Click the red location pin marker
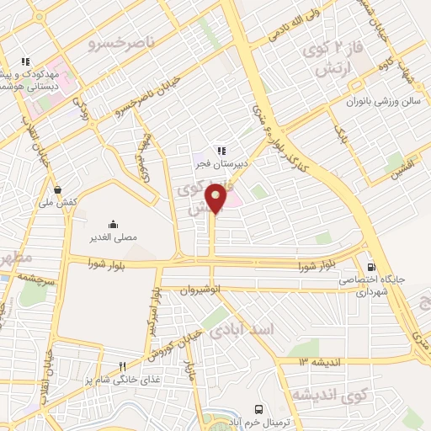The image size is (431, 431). click(216, 200)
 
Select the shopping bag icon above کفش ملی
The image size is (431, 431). click(57, 189)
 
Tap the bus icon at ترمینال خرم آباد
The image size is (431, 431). click(257, 404)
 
